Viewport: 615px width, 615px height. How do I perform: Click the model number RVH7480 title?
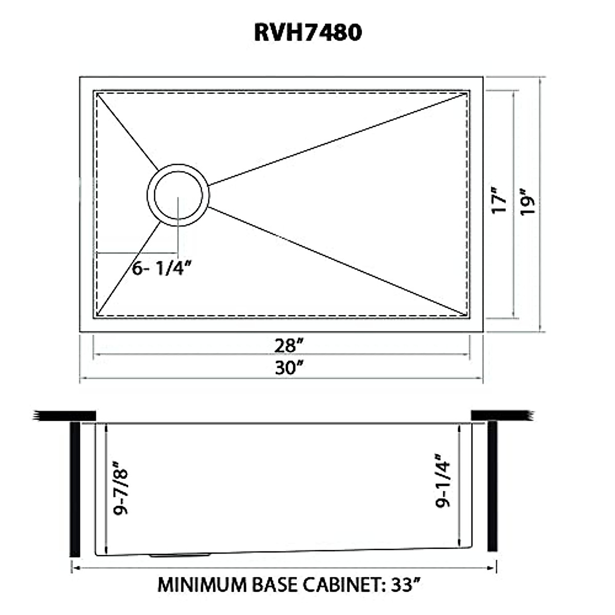(307, 32)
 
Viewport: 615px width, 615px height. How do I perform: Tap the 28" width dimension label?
(285, 346)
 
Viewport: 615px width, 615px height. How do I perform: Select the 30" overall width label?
(285, 367)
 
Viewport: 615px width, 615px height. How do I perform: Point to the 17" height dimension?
(499, 203)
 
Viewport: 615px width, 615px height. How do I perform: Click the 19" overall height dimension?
(527, 203)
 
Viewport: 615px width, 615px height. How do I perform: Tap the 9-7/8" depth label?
(121, 491)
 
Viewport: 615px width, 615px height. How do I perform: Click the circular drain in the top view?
(178, 195)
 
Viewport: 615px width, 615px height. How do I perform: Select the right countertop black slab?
(500, 415)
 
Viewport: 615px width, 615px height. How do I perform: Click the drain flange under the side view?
(179, 555)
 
